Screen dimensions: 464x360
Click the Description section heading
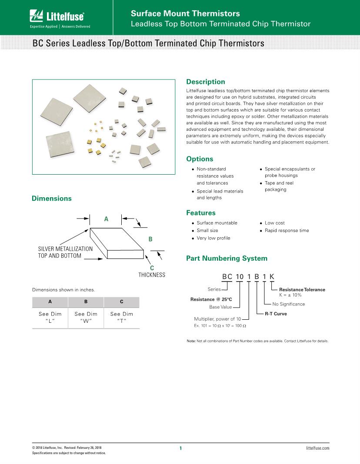pos(205,82)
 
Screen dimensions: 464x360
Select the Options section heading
pos(200,159)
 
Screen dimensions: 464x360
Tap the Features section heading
pos(201,213)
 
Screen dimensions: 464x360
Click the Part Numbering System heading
pos(227,259)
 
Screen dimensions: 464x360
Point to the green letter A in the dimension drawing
pos(106,219)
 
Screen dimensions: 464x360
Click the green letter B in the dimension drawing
pos(150,239)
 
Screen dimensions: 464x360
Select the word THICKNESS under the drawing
pos(152,275)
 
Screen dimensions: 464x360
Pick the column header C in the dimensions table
pos(121,302)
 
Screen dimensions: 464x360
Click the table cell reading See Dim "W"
pos(86,317)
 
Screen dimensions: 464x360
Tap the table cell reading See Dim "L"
pos(50,317)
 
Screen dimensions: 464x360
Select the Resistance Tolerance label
pos(302,289)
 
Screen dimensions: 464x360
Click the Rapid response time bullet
pos(287,231)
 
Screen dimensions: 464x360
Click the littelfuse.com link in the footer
pos(317,448)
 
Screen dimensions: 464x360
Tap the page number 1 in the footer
pos(180,448)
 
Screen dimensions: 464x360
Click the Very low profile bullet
pos(213,238)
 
